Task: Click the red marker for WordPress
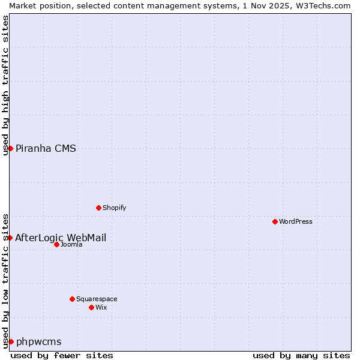click(275, 221)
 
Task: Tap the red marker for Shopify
click(98, 208)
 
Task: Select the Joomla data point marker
click(56, 244)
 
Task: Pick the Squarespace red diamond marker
click(72, 299)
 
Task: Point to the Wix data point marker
click(91, 307)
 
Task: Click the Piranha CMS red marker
click(10, 148)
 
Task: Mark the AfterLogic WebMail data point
click(10, 238)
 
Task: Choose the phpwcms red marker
click(11, 341)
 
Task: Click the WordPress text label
click(296, 221)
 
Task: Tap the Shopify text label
click(114, 208)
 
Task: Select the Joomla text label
click(71, 244)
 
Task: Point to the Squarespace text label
click(97, 299)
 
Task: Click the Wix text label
click(101, 307)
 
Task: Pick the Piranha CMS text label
click(46, 148)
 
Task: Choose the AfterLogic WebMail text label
click(61, 238)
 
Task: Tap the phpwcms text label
click(39, 341)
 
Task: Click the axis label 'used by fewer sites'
click(62, 355)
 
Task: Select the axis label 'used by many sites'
click(301, 355)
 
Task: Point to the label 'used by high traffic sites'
click(5, 85)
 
